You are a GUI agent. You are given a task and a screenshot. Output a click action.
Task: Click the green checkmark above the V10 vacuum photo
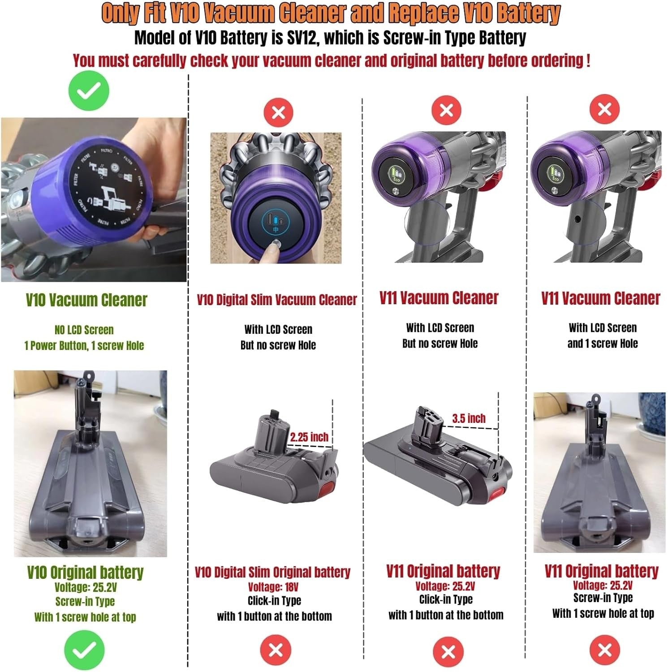[89, 91]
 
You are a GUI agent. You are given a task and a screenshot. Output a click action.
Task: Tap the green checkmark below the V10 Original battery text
[84, 650]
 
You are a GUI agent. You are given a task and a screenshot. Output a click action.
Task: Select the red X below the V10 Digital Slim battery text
[276, 650]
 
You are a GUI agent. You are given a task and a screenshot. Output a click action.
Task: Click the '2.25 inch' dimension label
[309, 437]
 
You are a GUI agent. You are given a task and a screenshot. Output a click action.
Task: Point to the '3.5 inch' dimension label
[469, 418]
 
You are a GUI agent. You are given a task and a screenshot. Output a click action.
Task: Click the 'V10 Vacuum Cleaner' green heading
[86, 300]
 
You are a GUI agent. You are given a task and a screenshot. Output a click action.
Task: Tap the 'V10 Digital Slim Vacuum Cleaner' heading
[277, 300]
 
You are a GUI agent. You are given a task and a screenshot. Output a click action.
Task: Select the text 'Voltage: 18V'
[273, 587]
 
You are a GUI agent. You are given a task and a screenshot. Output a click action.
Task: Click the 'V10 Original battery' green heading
[85, 572]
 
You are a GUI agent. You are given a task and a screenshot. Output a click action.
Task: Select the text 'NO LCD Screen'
[84, 330]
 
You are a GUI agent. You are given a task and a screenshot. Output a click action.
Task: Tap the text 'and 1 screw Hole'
[603, 344]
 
